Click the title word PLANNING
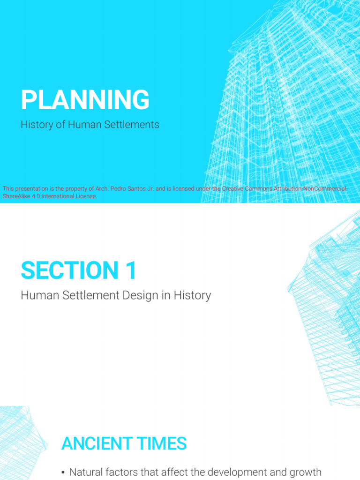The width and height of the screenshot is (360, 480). [x=85, y=100]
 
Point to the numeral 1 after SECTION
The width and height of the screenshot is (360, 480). [x=131, y=271]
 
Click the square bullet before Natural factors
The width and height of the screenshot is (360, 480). [x=63, y=472]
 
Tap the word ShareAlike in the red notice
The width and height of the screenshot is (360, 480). [x=16, y=196]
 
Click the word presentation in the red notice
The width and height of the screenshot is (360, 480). [x=31, y=189]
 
